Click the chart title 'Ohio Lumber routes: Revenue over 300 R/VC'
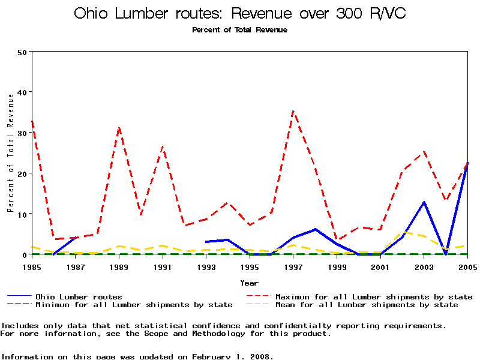click(x=239, y=14)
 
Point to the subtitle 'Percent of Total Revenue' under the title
click(x=239, y=30)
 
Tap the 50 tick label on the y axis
click(x=22, y=52)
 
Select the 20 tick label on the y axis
click(x=22, y=173)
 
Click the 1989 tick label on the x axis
click(x=119, y=266)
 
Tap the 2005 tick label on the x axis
click(x=467, y=266)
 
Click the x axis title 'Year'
click(x=249, y=283)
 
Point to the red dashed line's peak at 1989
click(x=119, y=128)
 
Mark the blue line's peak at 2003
click(x=424, y=202)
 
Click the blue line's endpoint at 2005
click(x=467, y=163)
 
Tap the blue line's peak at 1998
click(x=315, y=229)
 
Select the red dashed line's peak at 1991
click(x=163, y=146)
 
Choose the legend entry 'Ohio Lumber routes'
click(x=79, y=296)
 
